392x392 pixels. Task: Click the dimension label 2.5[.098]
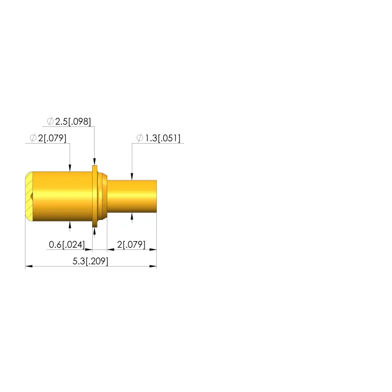73,122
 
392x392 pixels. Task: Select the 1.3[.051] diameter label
163,138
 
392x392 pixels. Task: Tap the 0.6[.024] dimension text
67,245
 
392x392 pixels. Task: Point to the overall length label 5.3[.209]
90,261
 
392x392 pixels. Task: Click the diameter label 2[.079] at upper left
52,138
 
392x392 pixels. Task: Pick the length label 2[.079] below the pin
131,245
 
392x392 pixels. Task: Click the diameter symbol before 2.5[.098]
50,121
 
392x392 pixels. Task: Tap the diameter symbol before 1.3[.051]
140,138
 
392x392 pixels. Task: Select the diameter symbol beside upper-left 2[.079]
33,138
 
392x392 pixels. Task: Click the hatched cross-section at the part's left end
29,196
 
